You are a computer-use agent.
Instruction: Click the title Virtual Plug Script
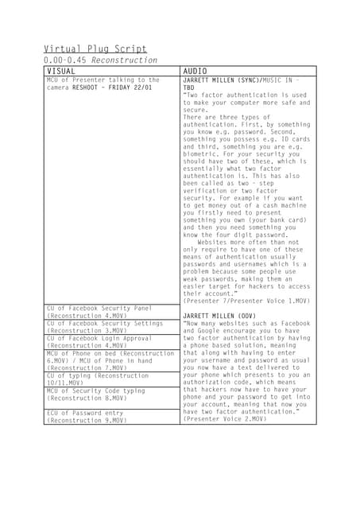point(95,49)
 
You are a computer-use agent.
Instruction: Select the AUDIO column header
point(195,71)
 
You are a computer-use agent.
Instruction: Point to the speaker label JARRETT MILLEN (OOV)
point(219,316)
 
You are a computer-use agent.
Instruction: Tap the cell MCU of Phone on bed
point(109,360)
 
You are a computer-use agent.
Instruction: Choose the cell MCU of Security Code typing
point(96,394)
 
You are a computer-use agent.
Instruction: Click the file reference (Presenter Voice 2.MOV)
point(225,418)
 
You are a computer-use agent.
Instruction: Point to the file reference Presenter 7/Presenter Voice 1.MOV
point(246,301)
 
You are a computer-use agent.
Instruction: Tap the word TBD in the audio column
point(188,87)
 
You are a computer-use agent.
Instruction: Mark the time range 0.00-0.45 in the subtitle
point(66,60)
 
